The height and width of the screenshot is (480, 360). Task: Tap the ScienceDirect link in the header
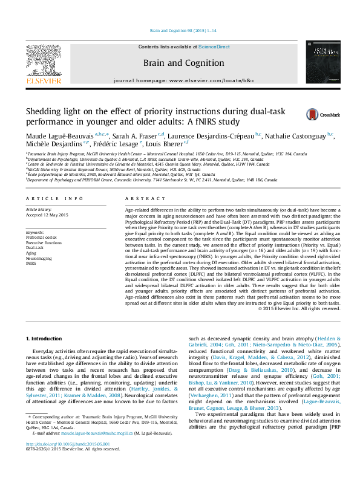pos(215,47)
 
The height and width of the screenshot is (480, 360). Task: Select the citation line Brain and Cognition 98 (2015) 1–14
pos(180,31)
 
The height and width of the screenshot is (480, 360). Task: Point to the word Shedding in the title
pos(44,111)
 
